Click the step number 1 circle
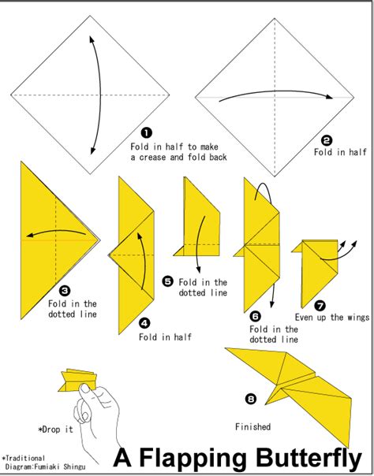tap(146, 133)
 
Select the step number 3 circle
tap(65, 290)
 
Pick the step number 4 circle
tap(144, 322)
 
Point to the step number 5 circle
tap(167, 281)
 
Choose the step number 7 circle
tap(319, 304)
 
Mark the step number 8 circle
tap(251, 400)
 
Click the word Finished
tap(252, 427)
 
